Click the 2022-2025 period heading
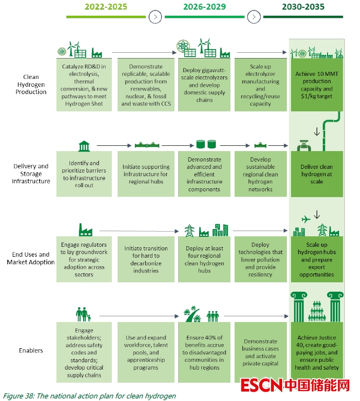coord(106,7)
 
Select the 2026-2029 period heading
coord(204,7)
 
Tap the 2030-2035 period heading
coord(303,7)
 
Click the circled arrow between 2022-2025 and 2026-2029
coord(155,17)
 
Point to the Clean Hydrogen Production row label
coord(31,85)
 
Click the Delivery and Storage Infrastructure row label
coord(31,174)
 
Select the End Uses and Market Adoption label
coord(31,258)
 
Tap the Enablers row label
coord(31,350)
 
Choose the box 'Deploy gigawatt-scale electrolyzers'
coord(204,85)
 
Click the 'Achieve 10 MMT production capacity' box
coord(317,85)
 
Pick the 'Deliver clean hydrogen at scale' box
coord(317,174)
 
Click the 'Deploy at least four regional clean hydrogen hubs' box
coord(204,260)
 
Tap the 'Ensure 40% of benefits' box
coord(204,352)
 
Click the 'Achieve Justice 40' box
coord(317,352)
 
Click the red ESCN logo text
coord(261,386)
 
